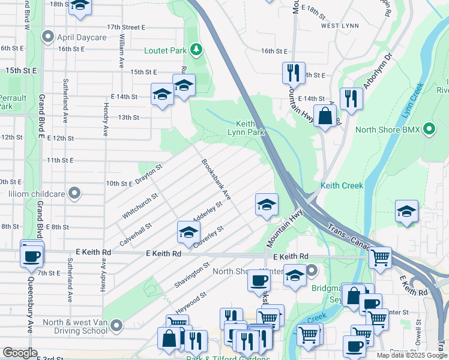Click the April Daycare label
pyautogui.click(x=82, y=37)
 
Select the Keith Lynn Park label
pyautogui.click(x=246, y=127)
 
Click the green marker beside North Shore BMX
pyautogui.click(x=429, y=129)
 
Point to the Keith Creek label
pyautogui.click(x=342, y=186)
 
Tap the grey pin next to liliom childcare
pyautogui.click(x=74, y=194)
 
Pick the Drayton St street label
pyautogui.click(x=149, y=175)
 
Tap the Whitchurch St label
pyautogui.click(x=140, y=205)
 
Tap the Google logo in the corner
pyautogui.click(x=20, y=353)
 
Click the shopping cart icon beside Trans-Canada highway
pyautogui.click(x=380, y=258)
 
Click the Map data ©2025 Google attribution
pyautogui.click(x=412, y=355)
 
